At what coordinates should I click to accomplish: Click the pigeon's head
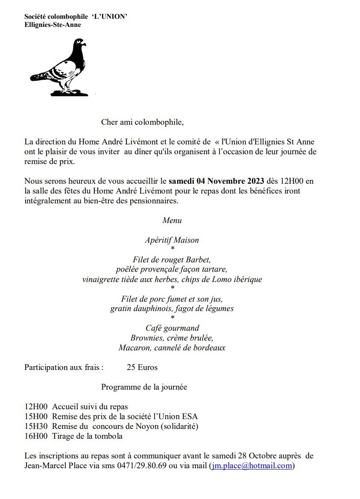pyautogui.click(x=79, y=44)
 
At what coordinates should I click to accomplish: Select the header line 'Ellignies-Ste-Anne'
pyautogui.click(x=53, y=25)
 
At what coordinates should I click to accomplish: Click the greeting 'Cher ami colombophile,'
pyautogui.click(x=142, y=122)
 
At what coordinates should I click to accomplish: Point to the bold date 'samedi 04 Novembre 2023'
pyautogui.click(x=217, y=181)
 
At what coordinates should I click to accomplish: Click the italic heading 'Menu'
pyautogui.click(x=172, y=220)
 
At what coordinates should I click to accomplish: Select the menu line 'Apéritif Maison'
pyautogui.click(x=172, y=240)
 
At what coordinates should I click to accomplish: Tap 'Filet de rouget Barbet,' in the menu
pyautogui.click(x=172, y=260)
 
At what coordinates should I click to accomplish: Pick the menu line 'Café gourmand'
pyautogui.click(x=172, y=328)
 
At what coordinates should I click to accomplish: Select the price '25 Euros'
pyautogui.click(x=142, y=367)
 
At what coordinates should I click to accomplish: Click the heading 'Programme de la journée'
pyautogui.click(x=144, y=387)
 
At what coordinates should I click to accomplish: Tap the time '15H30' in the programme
pyautogui.click(x=36, y=426)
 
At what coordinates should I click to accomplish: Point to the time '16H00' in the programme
pyautogui.click(x=36, y=436)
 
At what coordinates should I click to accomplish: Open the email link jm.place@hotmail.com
pyautogui.click(x=252, y=466)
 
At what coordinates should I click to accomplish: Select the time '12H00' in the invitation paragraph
pyautogui.click(x=291, y=181)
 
